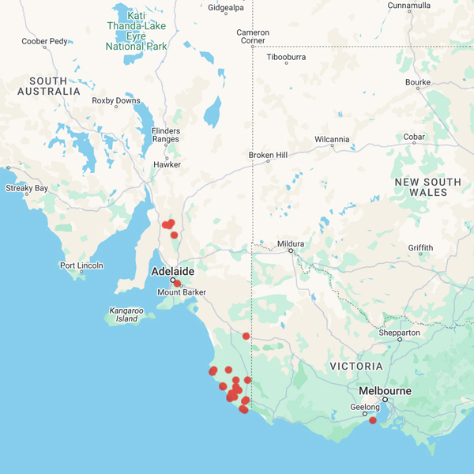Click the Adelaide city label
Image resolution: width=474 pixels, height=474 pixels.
172,271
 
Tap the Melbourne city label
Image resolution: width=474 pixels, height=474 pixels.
385,391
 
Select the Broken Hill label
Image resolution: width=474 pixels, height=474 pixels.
268,155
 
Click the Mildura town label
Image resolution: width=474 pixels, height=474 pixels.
291,243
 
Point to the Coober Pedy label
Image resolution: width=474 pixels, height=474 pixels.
44,41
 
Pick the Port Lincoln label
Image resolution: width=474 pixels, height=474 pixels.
81,265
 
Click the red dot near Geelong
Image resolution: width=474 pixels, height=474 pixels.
373,420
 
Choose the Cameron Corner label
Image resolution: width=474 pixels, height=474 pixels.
253,36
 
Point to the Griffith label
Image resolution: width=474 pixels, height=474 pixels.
420,247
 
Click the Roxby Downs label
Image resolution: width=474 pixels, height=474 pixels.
116,100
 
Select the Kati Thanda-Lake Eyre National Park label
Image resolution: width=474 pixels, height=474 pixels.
137,31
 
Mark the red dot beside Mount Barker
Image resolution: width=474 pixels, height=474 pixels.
177,283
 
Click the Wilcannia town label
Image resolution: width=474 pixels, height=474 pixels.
332,140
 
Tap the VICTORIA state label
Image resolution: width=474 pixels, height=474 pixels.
356,367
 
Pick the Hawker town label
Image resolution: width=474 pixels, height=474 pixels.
167,164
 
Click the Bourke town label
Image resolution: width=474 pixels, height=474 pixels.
417,81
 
